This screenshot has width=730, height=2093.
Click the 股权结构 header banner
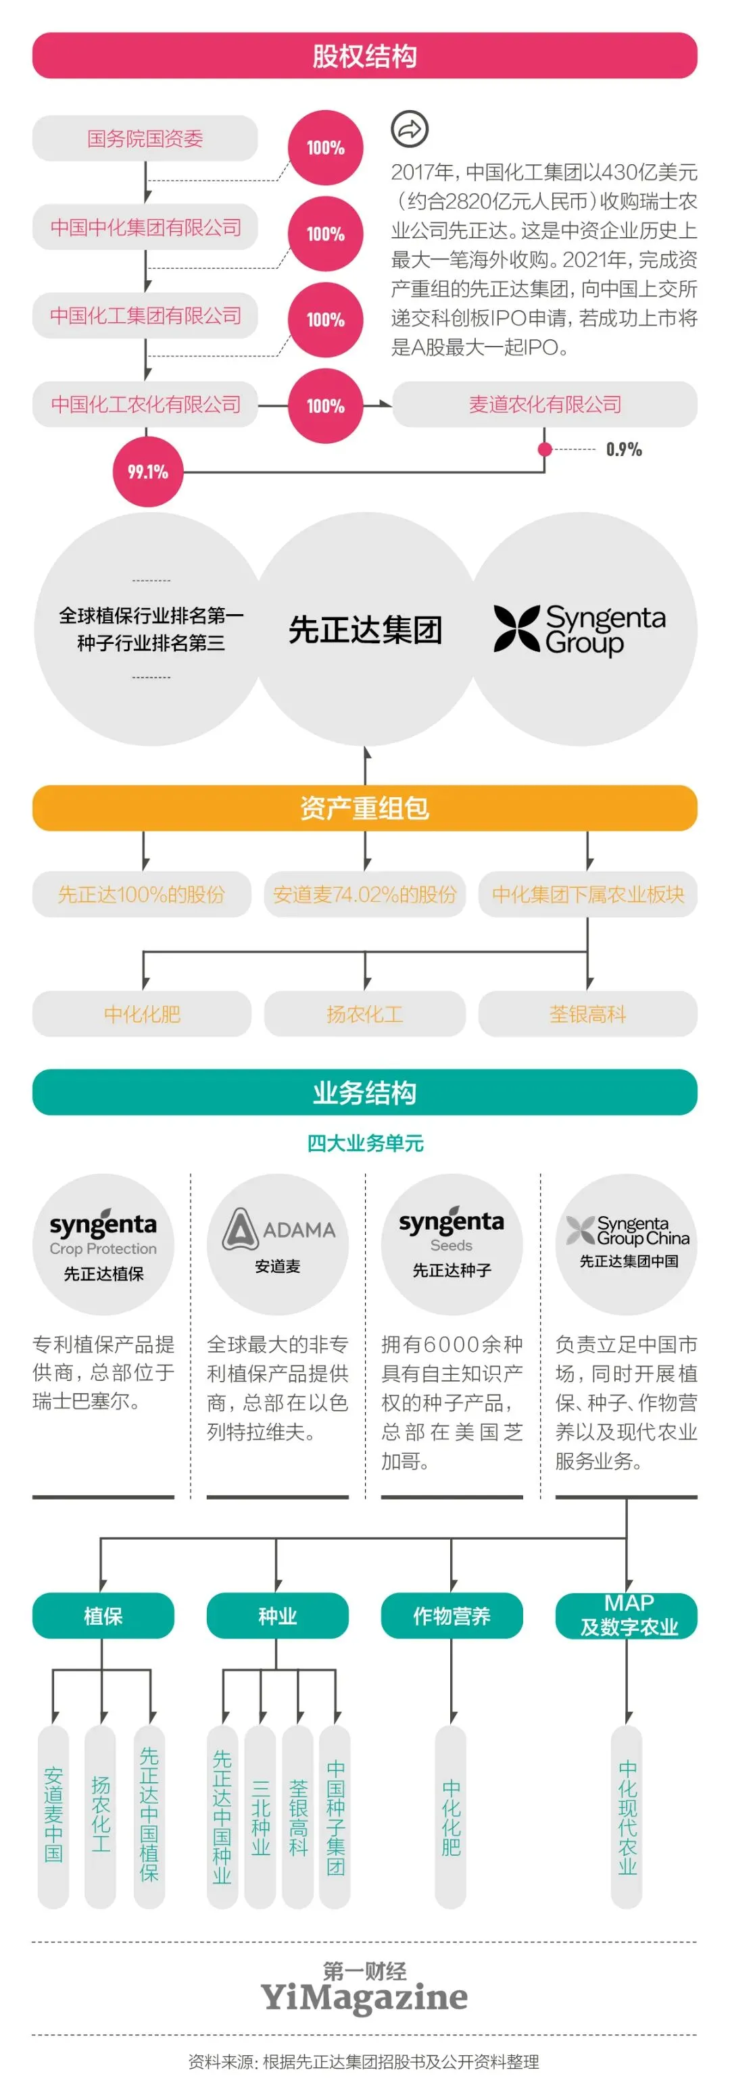[x=364, y=55]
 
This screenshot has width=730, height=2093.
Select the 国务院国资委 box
[x=145, y=138]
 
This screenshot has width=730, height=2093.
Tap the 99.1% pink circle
[x=147, y=472]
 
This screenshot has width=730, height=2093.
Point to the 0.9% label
[x=623, y=449]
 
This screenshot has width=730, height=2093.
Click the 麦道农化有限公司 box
[x=545, y=404]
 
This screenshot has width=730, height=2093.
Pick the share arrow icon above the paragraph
[x=410, y=128]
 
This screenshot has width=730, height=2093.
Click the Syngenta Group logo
[x=580, y=629]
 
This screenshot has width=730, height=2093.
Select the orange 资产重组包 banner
[x=364, y=807]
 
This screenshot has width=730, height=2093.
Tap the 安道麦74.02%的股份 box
[x=364, y=894]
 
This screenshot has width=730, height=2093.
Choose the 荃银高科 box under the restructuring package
[x=587, y=1013]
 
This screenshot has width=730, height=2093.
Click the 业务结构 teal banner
[x=364, y=1092]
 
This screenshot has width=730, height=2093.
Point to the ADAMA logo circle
[x=277, y=1243]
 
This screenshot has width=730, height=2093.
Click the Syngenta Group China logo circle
[x=627, y=1243]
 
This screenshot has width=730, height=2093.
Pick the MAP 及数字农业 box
[x=627, y=1615]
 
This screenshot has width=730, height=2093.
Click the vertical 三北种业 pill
[x=260, y=1816]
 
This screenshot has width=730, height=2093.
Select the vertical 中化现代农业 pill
[x=627, y=1816]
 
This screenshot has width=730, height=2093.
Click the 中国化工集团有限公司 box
[x=145, y=316]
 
